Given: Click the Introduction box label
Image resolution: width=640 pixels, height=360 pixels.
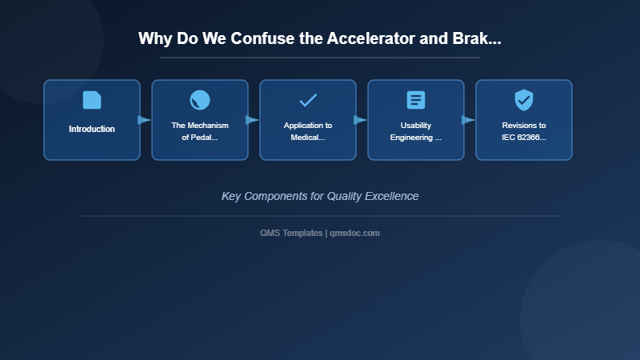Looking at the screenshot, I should pos(92,129).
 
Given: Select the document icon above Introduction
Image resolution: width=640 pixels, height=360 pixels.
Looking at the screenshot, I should pos(92,100).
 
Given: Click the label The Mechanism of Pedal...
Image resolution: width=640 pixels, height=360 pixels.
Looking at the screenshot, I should pos(200,131).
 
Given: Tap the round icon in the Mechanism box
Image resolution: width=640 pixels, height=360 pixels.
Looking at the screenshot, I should pos(200,100).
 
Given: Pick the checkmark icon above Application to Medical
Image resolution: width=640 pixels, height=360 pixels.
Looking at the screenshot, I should pos(308,100).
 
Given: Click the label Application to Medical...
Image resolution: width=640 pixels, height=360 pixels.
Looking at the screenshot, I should pos(308,131).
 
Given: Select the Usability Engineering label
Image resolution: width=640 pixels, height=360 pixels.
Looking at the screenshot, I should pos(416,131).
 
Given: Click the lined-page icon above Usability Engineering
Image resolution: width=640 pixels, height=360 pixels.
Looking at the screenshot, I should pos(416,100).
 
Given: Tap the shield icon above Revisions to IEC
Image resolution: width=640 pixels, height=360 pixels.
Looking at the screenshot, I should pos(524,100).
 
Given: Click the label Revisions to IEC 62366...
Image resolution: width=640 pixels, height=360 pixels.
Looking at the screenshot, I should pos(524,131).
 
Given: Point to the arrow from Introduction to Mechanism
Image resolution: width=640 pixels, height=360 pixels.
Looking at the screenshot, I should pos(144,120).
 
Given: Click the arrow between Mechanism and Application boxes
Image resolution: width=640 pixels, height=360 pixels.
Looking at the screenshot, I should pos(252,120).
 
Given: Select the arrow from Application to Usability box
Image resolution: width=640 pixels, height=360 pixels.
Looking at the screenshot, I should pos(360,120).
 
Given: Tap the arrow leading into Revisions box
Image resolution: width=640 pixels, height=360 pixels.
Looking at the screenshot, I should pos(468,120).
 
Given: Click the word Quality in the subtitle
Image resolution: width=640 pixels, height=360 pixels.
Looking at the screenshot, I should pos(345,196).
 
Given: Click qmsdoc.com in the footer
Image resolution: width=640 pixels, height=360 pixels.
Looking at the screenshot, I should pos(354,233).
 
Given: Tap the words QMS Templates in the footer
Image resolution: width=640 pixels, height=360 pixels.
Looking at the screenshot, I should pos(291,233).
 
